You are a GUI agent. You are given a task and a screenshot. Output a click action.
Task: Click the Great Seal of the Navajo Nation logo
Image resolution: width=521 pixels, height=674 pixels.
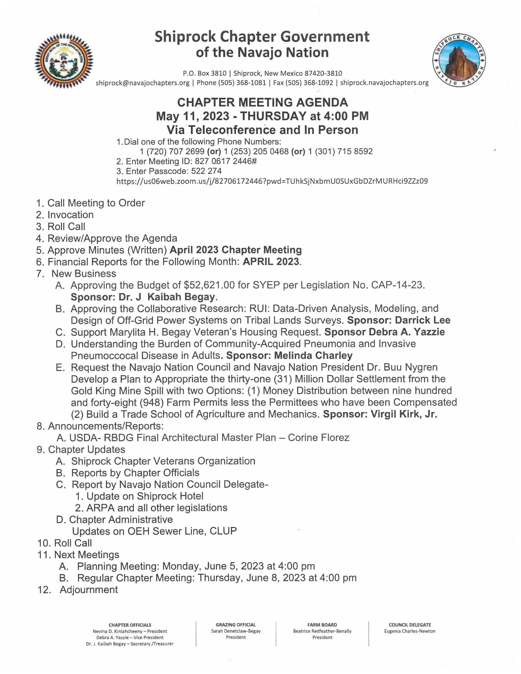63,61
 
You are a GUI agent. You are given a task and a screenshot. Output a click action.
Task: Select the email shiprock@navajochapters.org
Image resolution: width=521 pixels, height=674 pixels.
143,83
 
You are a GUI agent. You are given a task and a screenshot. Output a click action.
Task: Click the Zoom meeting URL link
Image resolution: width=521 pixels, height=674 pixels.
272,181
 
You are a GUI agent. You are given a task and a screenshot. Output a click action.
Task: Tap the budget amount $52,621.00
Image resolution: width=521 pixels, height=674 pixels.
209,285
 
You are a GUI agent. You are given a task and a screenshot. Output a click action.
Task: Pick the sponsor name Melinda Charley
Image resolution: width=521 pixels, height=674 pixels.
313,355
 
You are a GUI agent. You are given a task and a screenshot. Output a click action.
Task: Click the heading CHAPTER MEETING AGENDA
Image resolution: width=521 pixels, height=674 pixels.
262,102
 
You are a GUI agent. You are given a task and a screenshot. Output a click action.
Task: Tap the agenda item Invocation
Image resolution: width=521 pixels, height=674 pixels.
70,215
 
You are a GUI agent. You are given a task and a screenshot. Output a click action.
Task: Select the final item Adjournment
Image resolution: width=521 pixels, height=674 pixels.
89,590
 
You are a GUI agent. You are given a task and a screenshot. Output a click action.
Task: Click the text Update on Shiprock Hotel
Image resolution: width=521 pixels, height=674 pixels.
145,496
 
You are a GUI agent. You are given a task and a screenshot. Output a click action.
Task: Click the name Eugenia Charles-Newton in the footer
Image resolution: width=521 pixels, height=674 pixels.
409,631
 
